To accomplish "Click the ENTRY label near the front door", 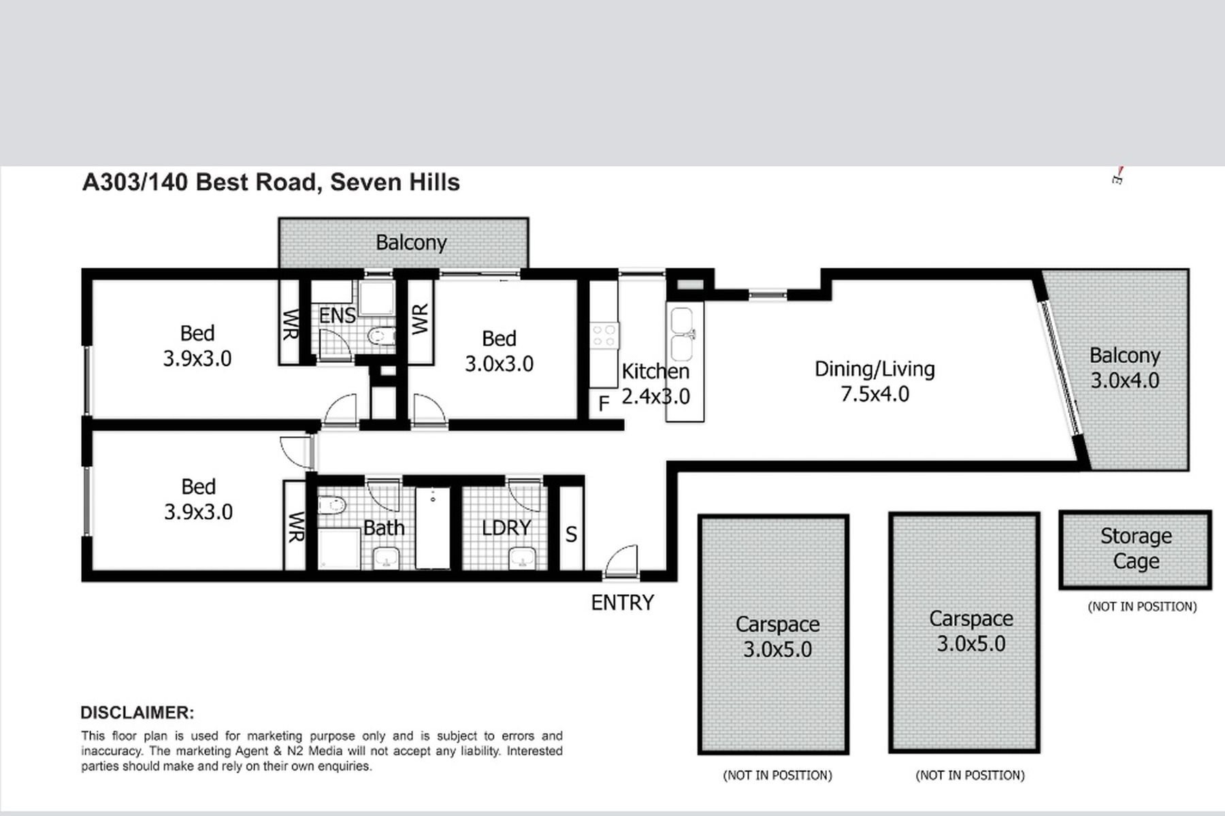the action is pyautogui.click(x=622, y=602).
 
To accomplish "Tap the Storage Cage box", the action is pyautogui.click(x=1135, y=549).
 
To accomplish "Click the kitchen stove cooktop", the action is pyautogui.click(x=604, y=336).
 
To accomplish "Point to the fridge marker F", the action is pyautogui.click(x=604, y=404).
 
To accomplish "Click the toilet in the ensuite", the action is pyautogui.click(x=381, y=336).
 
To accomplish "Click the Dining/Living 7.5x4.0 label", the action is pyautogui.click(x=875, y=381).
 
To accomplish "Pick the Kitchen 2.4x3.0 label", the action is pyautogui.click(x=656, y=383).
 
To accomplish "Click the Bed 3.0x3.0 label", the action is pyautogui.click(x=499, y=351).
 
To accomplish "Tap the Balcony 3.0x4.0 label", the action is pyautogui.click(x=1125, y=368).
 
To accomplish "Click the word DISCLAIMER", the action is pyautogui.click(x=137, y=713).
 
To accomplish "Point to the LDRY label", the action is pyautogui.click(x=506, y=527).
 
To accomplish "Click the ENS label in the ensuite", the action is pyautogui.click(x=337, y=315).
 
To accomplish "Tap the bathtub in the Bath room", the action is pyautogui.click(x=432, y=528).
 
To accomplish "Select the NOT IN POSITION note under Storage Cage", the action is pyautogui.click(x=1142, y=606).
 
